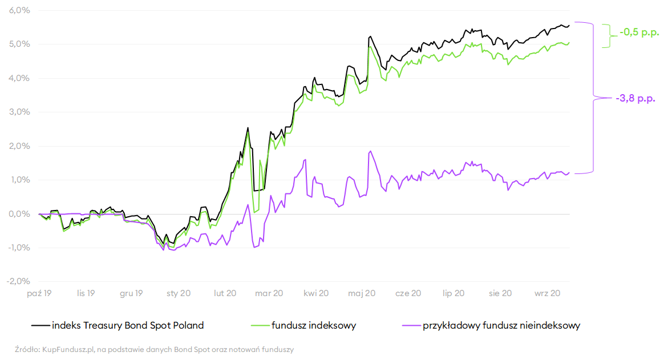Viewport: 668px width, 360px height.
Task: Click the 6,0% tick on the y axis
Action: point(19,11)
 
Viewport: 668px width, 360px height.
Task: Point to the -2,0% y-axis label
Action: point(18,281)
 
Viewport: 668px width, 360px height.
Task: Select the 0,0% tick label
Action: point(19,214)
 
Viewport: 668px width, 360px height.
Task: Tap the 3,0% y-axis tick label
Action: point(19,112)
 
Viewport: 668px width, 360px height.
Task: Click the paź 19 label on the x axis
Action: point(40,293)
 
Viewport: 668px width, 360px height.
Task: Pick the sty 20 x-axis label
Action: point(179,293)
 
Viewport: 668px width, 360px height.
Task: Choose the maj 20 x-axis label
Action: point(362,293)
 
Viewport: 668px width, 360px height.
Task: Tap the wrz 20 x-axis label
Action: point(546,293)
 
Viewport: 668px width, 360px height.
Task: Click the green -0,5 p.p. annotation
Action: point(639,33)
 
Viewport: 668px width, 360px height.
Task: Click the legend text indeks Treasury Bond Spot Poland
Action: point(128,326)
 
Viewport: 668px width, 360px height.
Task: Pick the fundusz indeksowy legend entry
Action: point(314,326)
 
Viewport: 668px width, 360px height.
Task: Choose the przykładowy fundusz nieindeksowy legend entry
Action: point(501,326)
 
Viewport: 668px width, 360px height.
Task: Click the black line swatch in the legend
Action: point(41,326)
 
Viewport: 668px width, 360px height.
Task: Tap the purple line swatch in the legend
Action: point(411,326)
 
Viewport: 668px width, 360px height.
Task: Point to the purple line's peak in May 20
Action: point(370,151)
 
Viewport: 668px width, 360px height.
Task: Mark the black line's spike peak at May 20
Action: point(370,37)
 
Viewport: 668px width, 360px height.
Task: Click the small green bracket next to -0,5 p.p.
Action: point(607,35)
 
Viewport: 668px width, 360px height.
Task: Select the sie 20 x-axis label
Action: point(500,293)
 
